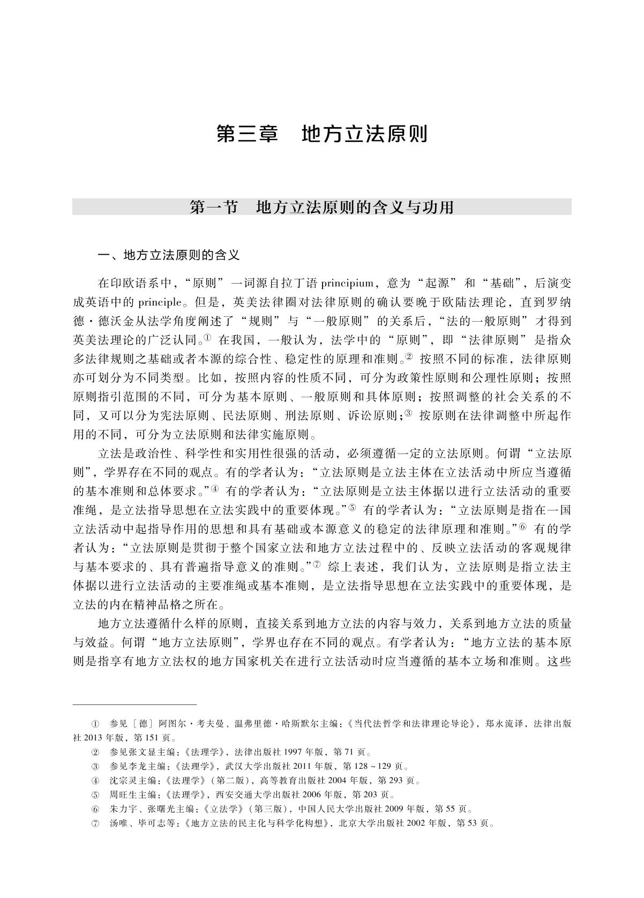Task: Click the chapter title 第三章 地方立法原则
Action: [322, 134]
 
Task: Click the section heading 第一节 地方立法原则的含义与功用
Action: [322, 207]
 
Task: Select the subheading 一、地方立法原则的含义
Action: [168, 255]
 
